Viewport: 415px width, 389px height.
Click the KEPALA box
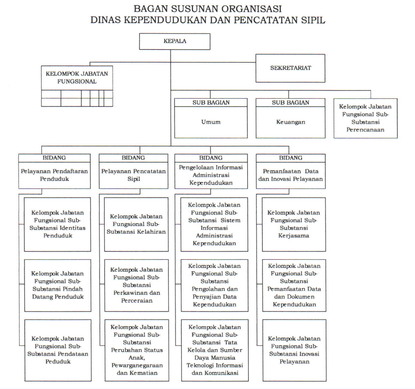[x=175, y=41]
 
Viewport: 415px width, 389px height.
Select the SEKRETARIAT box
[x=290, y=68]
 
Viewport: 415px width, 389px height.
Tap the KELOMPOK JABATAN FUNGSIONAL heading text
[x=77, y=78]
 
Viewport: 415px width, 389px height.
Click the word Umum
[x=211, y=122]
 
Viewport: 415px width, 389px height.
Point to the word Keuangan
[x=290, y=122]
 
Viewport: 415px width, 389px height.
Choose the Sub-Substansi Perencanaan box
[x=366, y=118]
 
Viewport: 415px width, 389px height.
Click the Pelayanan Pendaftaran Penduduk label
[x=54, y=175]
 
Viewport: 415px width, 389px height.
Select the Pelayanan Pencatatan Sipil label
[x=134, y=175]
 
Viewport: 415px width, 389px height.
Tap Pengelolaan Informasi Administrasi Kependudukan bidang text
[x=211, y=175]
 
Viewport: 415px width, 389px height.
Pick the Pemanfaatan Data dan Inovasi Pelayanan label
[x=290, y=175]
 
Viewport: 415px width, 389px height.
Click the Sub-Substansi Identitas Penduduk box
[x=57, y=224]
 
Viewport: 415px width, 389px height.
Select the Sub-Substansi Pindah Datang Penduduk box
[x=58, y=285]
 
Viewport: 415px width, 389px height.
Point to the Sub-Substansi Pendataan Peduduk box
[x=58, y=350]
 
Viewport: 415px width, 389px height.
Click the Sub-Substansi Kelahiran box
[x=136, y=224]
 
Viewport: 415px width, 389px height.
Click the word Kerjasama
[x=294, y=236]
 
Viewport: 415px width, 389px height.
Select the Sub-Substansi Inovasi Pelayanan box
[x=294, y=350]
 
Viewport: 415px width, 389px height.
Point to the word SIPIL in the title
[x=313, y=20]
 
